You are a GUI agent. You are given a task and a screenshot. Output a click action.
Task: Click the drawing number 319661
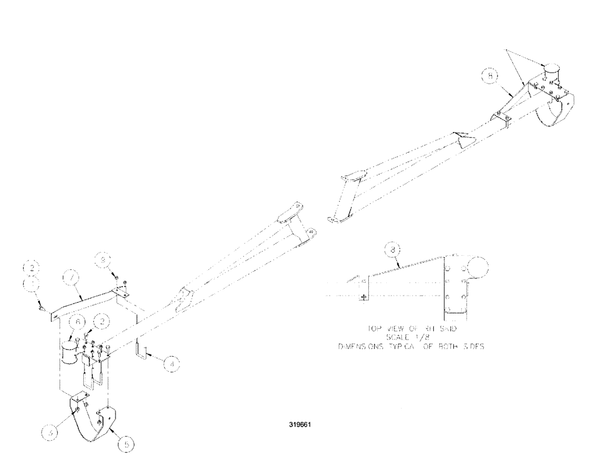click(x=300, y=426)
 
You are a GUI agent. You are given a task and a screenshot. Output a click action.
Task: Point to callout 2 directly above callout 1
click(x=32, y=266)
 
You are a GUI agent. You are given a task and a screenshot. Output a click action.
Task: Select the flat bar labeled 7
click(x=83, y=300)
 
